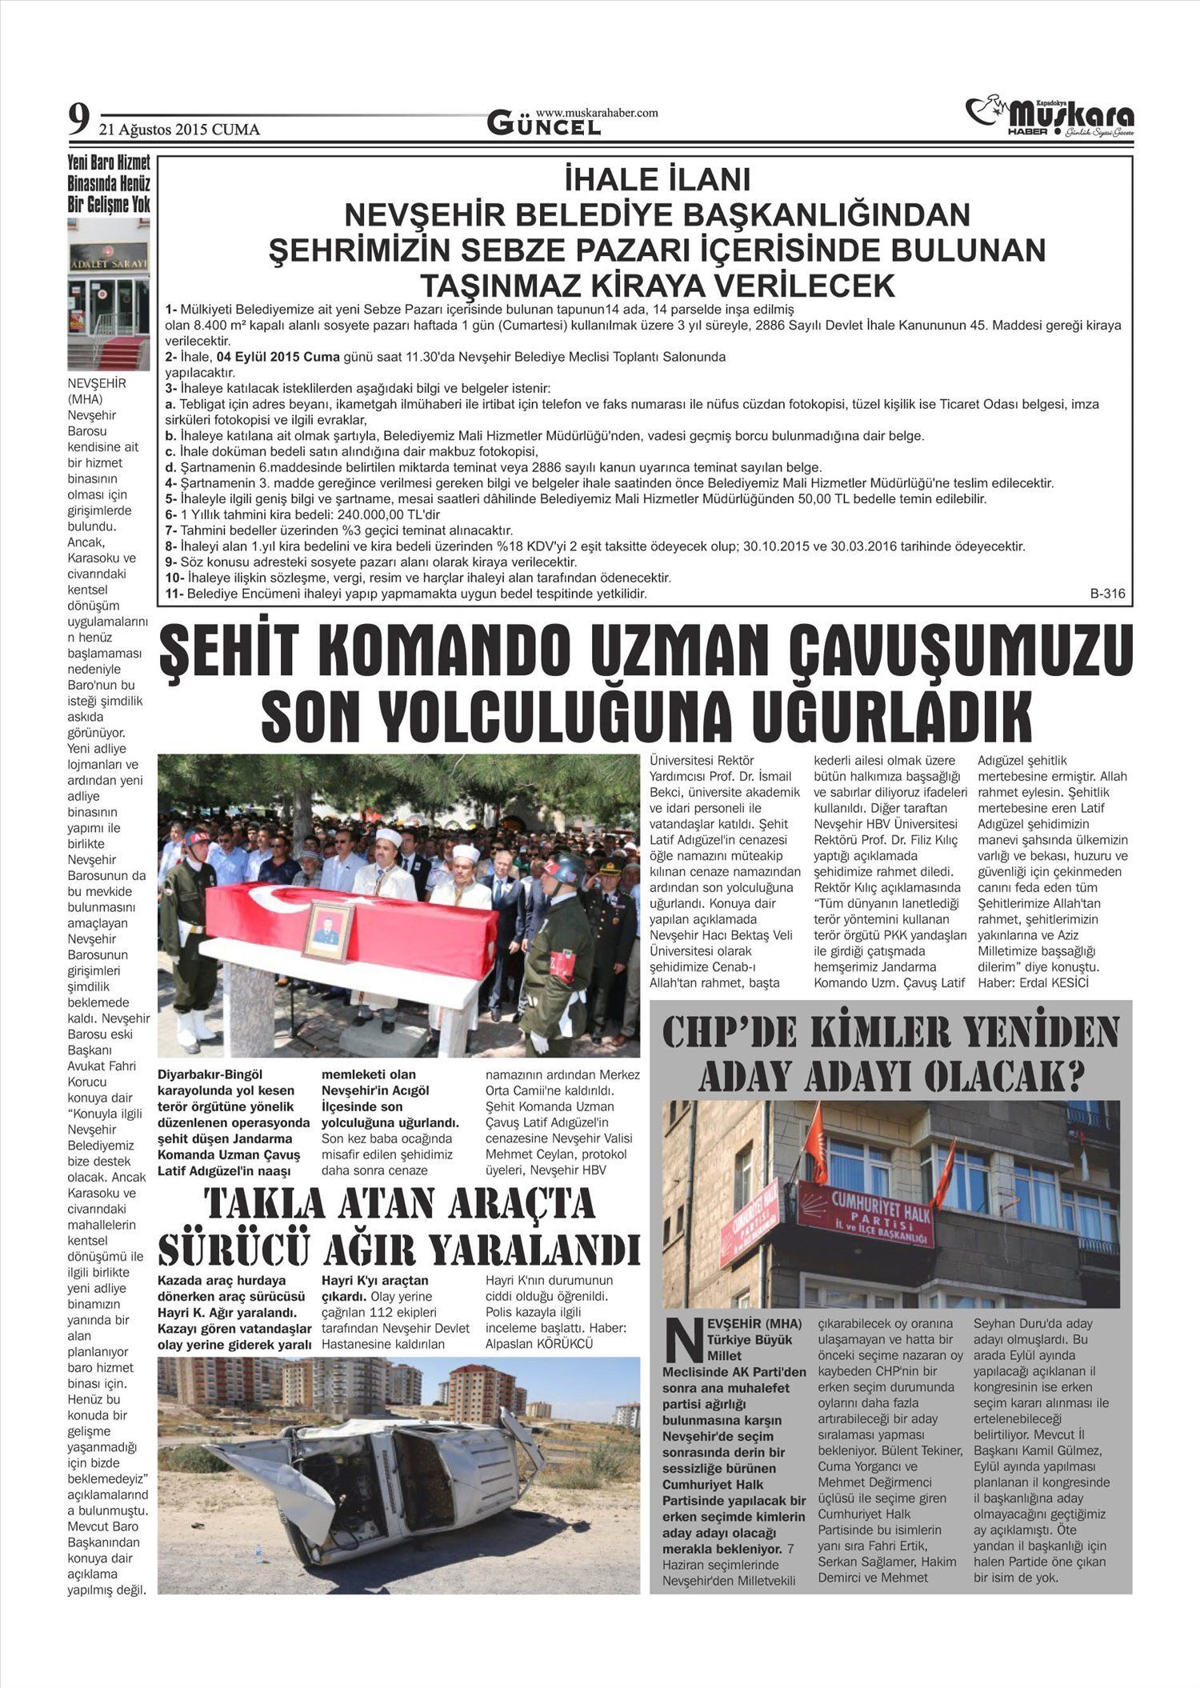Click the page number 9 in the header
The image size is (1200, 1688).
tap(78, 122)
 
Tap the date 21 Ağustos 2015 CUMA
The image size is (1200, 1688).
tap(179, 130)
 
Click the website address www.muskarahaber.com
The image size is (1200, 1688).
tap(596, 113)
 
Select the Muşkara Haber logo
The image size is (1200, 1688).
tap(1050, 118)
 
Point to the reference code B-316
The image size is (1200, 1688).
tap(1107, 594)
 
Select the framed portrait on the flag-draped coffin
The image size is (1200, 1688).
tap(328, 930)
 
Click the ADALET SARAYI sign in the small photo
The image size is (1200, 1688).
tap(108, 262)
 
